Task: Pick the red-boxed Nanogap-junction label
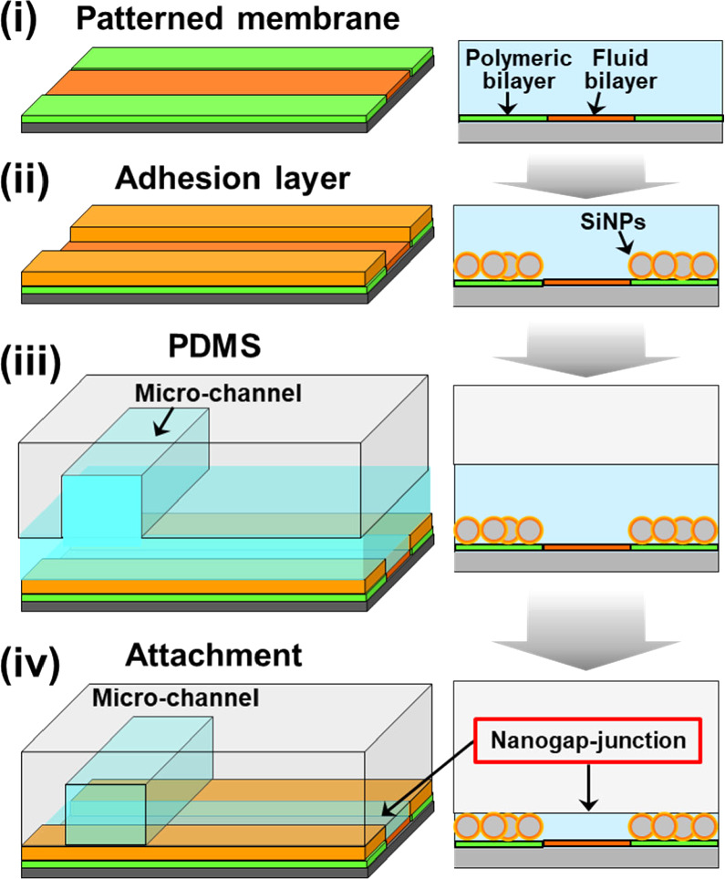tap(588, 740)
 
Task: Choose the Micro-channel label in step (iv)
tap(174, 699)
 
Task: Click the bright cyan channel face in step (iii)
tap(100, 506)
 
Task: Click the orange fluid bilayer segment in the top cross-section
tap(589, 118)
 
